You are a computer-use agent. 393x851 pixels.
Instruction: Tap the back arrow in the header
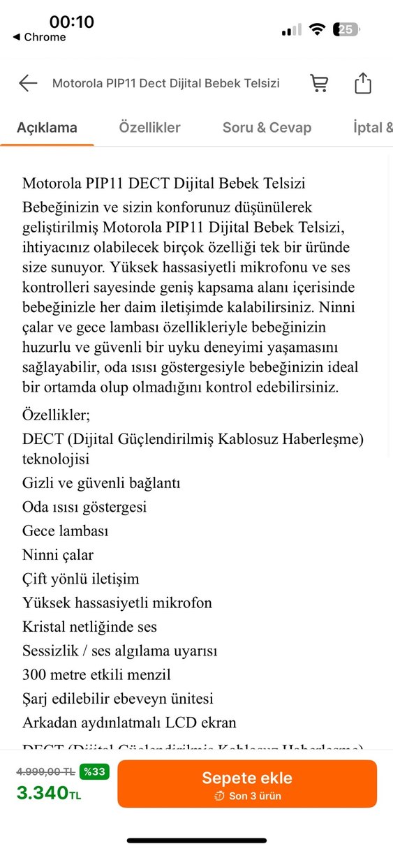(x=28, y=84)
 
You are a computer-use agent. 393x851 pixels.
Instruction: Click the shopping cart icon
(x=319, y=84)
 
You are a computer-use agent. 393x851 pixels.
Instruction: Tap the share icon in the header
(x=363, y=84)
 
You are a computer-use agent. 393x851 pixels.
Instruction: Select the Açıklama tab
(x=47, y=128)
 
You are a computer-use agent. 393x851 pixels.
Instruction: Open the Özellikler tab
(x=149, y=128)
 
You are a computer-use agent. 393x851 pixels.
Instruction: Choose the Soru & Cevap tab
(x=267, y=128)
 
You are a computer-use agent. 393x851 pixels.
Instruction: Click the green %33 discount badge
(x=94, y=771)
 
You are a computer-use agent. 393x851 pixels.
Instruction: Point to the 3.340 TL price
(x=49, y=793)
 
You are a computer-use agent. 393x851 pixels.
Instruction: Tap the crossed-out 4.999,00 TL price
(x=45, y=771)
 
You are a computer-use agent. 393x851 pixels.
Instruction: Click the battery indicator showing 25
(x=347, y=30)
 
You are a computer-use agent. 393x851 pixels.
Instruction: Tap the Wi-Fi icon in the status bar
(x=318, y=30)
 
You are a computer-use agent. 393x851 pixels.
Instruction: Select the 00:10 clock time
(x=71, y=22)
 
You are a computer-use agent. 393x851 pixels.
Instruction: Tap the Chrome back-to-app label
(x=40, y=38)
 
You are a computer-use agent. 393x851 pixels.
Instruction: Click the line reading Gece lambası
(x=65, y=531)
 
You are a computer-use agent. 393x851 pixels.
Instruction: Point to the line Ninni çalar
(x=58, y=555)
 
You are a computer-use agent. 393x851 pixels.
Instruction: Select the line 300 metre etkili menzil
(x=96, y=674)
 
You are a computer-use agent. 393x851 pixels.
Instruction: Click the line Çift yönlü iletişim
(x=80, y=579)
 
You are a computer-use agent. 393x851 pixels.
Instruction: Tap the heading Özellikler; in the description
(x=56, y=415)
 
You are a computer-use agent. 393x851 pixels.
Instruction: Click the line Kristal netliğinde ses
(x=89, y=627)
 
